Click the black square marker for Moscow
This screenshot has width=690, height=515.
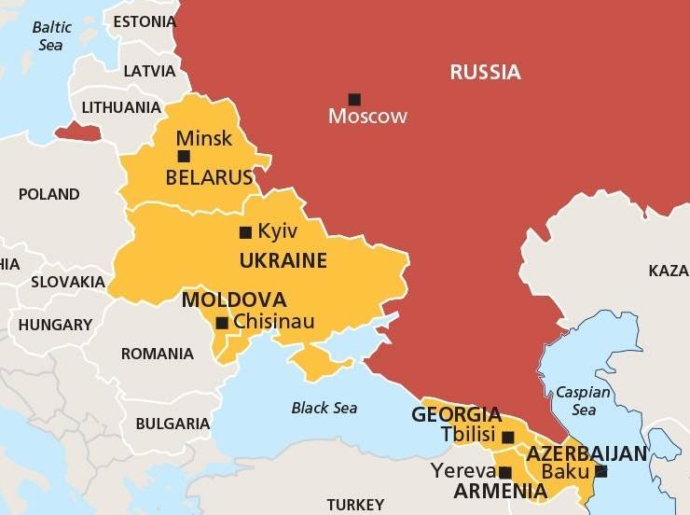tap(354, 99)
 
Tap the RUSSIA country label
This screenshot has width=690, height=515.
tap(485, 72)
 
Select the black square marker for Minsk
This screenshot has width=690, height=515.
tap(184, 156)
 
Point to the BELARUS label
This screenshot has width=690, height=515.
tap(209, 177)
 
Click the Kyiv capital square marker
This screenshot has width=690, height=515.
tap(246, 232)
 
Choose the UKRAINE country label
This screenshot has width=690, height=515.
tap(283, 260)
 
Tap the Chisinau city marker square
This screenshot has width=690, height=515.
tap(222, 324)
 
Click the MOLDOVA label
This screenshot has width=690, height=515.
tap(233, 300)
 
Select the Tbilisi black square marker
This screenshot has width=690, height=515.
tap(508, 437)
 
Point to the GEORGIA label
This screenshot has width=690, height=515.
tap(456, 414)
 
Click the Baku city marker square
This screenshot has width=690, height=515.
tap(600, 471)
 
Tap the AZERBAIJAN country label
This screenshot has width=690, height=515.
tap(586, 453)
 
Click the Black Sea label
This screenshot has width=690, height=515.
tap(324, 408)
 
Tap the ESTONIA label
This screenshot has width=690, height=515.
tap(144, 21)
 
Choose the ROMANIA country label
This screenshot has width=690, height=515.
tap(158, 354)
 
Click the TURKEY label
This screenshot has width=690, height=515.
tap(354, 505)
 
